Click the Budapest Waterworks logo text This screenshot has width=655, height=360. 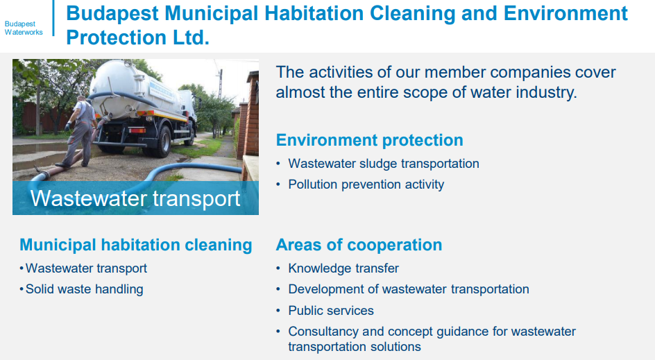click(24, 28)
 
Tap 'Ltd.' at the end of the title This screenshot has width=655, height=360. click(191, 37)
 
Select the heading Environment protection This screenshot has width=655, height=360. click(369, 140)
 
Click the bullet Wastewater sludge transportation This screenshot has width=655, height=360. click(384, 163)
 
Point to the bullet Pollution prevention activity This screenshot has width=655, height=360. click(366, 185)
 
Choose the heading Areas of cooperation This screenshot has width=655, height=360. click(359, 245)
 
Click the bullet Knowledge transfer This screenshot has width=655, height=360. click(343, 268)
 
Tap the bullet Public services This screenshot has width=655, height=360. click(331, 310)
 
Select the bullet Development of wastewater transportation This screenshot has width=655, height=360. click(409, 289)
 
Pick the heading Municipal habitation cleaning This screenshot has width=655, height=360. click(136, 245)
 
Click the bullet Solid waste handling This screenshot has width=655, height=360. click(85, 289)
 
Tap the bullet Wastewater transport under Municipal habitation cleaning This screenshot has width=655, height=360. click(86, 268)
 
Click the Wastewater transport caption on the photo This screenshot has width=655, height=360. click(135, 198)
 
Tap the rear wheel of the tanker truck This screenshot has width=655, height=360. click(163, 141)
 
